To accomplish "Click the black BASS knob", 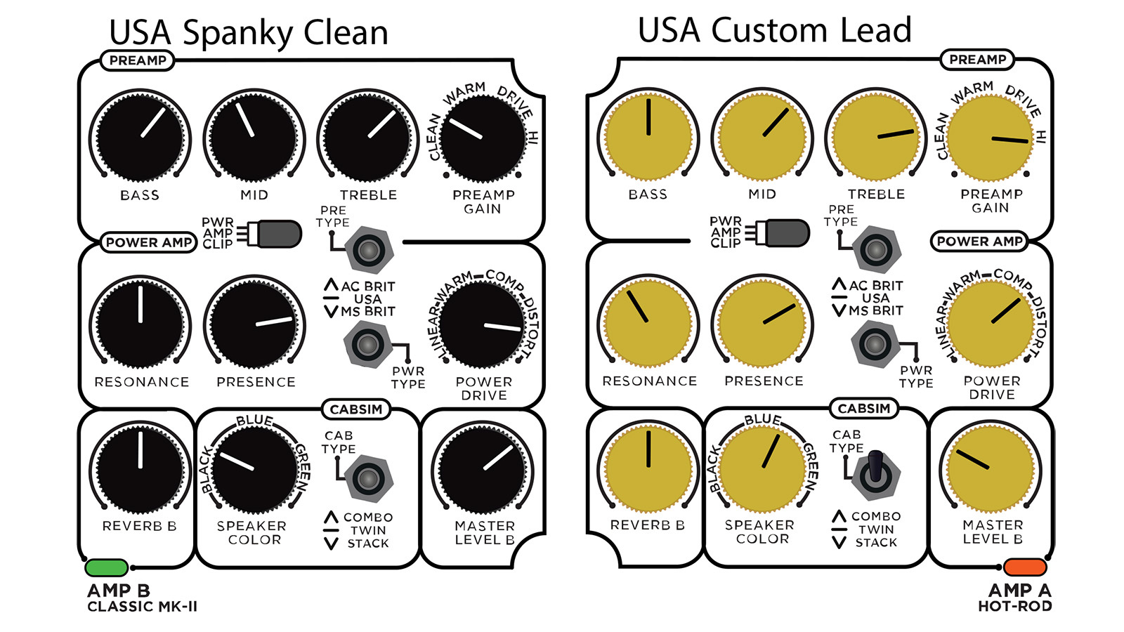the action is pyautogui.click(x=140, y=137).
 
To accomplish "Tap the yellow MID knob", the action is pyautogui.click(x=762, y=136).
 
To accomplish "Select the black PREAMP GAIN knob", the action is pyautogui.click(x=483, y=138).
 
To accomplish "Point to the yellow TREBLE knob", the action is pyautogui.click(x=876, y=136).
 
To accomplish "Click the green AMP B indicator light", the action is pyautogui.click(x=106, y=567).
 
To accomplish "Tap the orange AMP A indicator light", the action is pyautogui.click(x=1025, y=567).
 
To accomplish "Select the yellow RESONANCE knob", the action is pyautogui.click(x=648, y=322).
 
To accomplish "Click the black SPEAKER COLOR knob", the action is pyautogui.click(x=254, y=469).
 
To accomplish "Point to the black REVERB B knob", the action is pyautogui.click(x=140, y=469).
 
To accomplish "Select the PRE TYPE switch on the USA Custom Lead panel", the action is pyautogui.click(x=876, y=250).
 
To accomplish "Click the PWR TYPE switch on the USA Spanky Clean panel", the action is pyautogui.click(x=368, y=345).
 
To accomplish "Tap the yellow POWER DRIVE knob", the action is pyautogui.click(x=991, y=323).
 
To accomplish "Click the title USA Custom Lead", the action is pyautogui.click(x=774, y=29).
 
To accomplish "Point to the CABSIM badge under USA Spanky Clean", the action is pyautogui.click(x=355, y=409).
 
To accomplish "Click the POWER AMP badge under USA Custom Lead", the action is pyautogui.click(x=979, y=242).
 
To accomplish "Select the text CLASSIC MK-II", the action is pyautogui.click(x=143, y=607).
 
